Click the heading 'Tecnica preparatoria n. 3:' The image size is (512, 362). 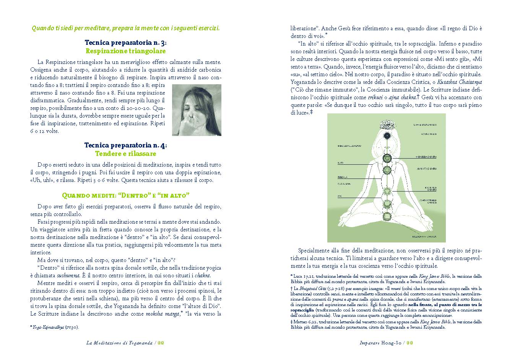point(125,43)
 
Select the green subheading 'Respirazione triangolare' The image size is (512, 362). point(125,51)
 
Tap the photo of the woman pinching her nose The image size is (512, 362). point(197,110)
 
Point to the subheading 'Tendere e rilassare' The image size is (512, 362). point(125,154)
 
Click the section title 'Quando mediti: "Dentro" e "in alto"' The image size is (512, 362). point(126,195)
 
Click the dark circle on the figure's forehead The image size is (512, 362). point(387,135)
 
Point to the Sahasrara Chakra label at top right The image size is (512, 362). point(425,125)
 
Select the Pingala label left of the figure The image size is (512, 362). point(342,178)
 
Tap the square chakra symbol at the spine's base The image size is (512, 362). point(387,216)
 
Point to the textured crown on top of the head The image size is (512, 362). point(387,124)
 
